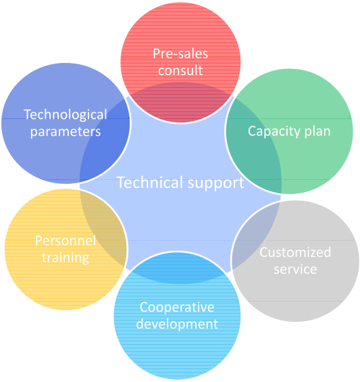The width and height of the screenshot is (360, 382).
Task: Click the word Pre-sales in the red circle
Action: click(180, 53)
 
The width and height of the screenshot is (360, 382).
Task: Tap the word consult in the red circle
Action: click(180, 70)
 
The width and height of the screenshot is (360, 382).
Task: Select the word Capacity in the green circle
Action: click(274, 132)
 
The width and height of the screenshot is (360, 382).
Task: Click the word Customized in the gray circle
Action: click(295, 252)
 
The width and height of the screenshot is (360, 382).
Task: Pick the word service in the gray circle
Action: click(295, 269)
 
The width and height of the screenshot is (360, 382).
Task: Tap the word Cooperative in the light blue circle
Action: click(177, 307)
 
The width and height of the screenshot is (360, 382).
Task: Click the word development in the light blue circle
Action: click(177, 325)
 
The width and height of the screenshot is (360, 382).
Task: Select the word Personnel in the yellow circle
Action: click(66, 241)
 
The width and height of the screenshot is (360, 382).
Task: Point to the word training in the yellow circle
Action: click(66, 258)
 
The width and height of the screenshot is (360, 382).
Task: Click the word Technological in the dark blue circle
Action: click(66, 114)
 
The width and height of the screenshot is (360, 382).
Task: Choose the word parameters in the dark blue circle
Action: click(66, 132)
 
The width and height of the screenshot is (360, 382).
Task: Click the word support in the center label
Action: click(216, 183)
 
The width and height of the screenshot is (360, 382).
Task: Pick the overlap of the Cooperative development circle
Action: click(178, 268)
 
